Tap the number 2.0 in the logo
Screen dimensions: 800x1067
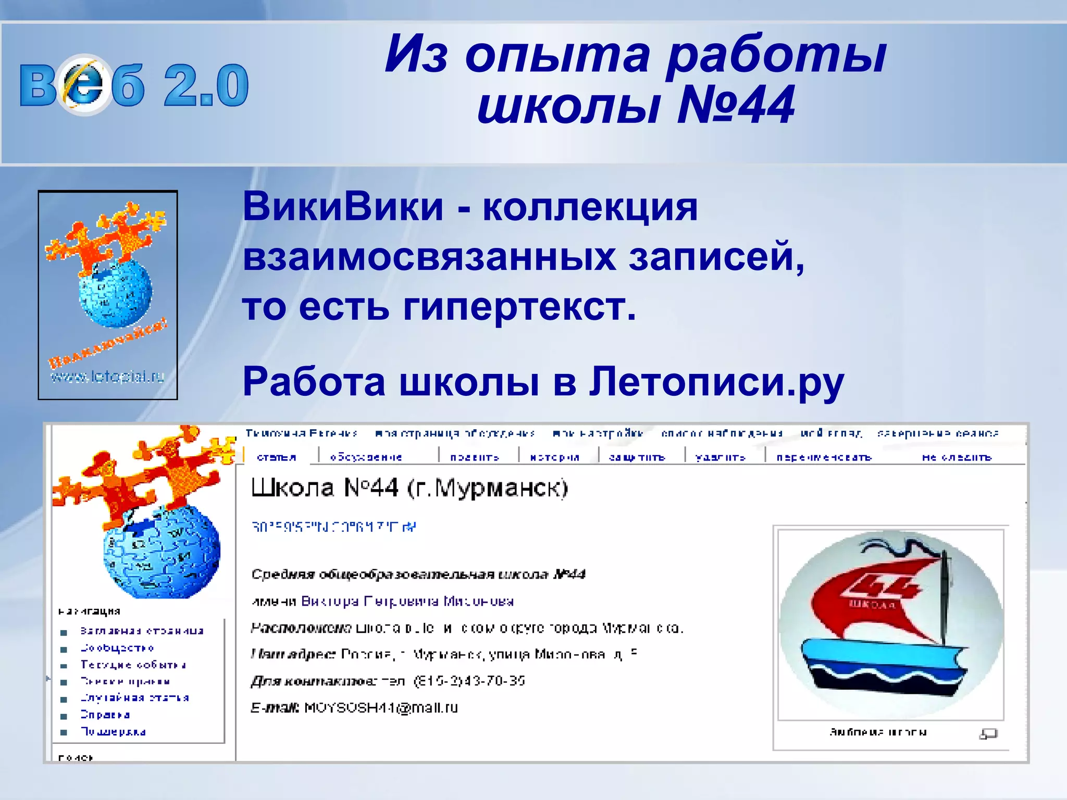pos(206,85)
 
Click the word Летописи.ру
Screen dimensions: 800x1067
pos(716,382)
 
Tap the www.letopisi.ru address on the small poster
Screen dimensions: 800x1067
pos(107,376)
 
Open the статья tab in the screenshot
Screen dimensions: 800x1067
pos(277,457)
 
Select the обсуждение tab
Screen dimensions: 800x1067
pos(366,457)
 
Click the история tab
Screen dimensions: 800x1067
pos(554,457)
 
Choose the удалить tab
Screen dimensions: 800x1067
pos(721,457)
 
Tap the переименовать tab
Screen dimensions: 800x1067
pos(824,457)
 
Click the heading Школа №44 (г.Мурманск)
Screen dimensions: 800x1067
pos(410,488)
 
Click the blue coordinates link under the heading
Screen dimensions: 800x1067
pos(333,527)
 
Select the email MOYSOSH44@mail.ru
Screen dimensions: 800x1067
pos(381,708)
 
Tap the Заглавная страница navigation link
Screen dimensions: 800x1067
pos(142,631)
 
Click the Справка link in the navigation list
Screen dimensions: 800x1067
pos(105,715)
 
